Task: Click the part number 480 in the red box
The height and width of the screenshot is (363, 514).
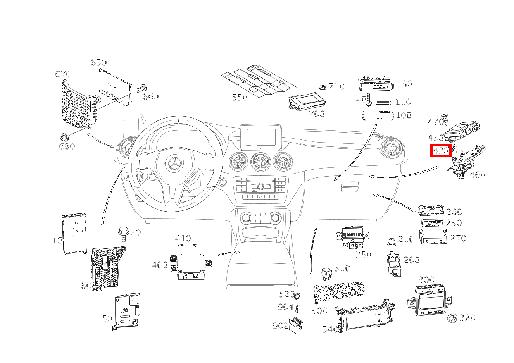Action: (441, 151)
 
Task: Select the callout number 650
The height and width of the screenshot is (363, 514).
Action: (98, 63)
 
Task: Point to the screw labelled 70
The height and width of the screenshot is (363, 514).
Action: (123, 233)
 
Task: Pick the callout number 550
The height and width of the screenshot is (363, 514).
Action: (240, 97)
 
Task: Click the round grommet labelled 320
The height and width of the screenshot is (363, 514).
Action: (452, 318)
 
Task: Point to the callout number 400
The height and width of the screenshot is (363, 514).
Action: (160, 265)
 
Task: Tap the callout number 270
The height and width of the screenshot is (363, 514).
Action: (458, 238)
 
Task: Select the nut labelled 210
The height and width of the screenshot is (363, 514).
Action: (392, 242)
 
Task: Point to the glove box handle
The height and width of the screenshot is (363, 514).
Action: (349, 189)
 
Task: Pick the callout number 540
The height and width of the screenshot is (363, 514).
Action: (330, 330)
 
